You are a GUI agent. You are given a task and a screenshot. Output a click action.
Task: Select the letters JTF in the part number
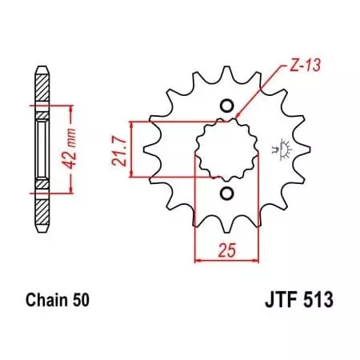point(277,302)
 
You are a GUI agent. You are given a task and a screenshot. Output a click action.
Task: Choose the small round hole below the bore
point(226,194)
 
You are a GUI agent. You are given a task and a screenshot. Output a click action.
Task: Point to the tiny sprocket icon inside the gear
point(280,149)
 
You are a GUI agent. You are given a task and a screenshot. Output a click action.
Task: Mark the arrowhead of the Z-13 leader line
point(238,121)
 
